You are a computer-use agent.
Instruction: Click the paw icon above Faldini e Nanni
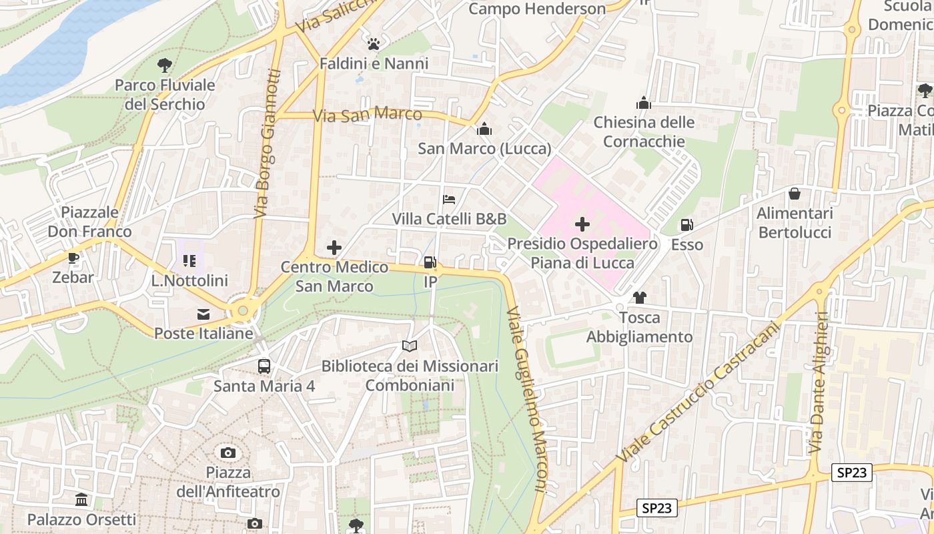click(374, 44)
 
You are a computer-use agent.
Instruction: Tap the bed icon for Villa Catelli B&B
click(449, 200)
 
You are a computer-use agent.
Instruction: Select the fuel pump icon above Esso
click(686, 226)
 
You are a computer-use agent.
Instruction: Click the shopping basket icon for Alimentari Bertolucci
click(795, 194)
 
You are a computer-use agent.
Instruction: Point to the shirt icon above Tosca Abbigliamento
click(640, 298)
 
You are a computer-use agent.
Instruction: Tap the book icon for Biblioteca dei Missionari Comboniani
click(410, 346)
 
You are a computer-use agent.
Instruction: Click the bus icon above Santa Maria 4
click(264, 366)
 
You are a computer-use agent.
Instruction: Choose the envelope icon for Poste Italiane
click(203, 314)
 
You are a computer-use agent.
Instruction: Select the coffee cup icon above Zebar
click(73, 258)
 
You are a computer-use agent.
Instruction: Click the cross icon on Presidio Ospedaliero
click(582, 224)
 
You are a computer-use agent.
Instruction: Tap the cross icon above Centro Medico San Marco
click(334, 248)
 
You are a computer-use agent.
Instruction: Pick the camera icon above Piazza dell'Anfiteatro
click(228, 453)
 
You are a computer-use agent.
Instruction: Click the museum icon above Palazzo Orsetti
click(81, 499)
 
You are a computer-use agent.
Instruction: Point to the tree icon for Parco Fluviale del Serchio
click(164, 65)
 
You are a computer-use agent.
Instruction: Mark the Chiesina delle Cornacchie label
click(644, 132)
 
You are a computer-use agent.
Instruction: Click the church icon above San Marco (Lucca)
click(484, 129)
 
